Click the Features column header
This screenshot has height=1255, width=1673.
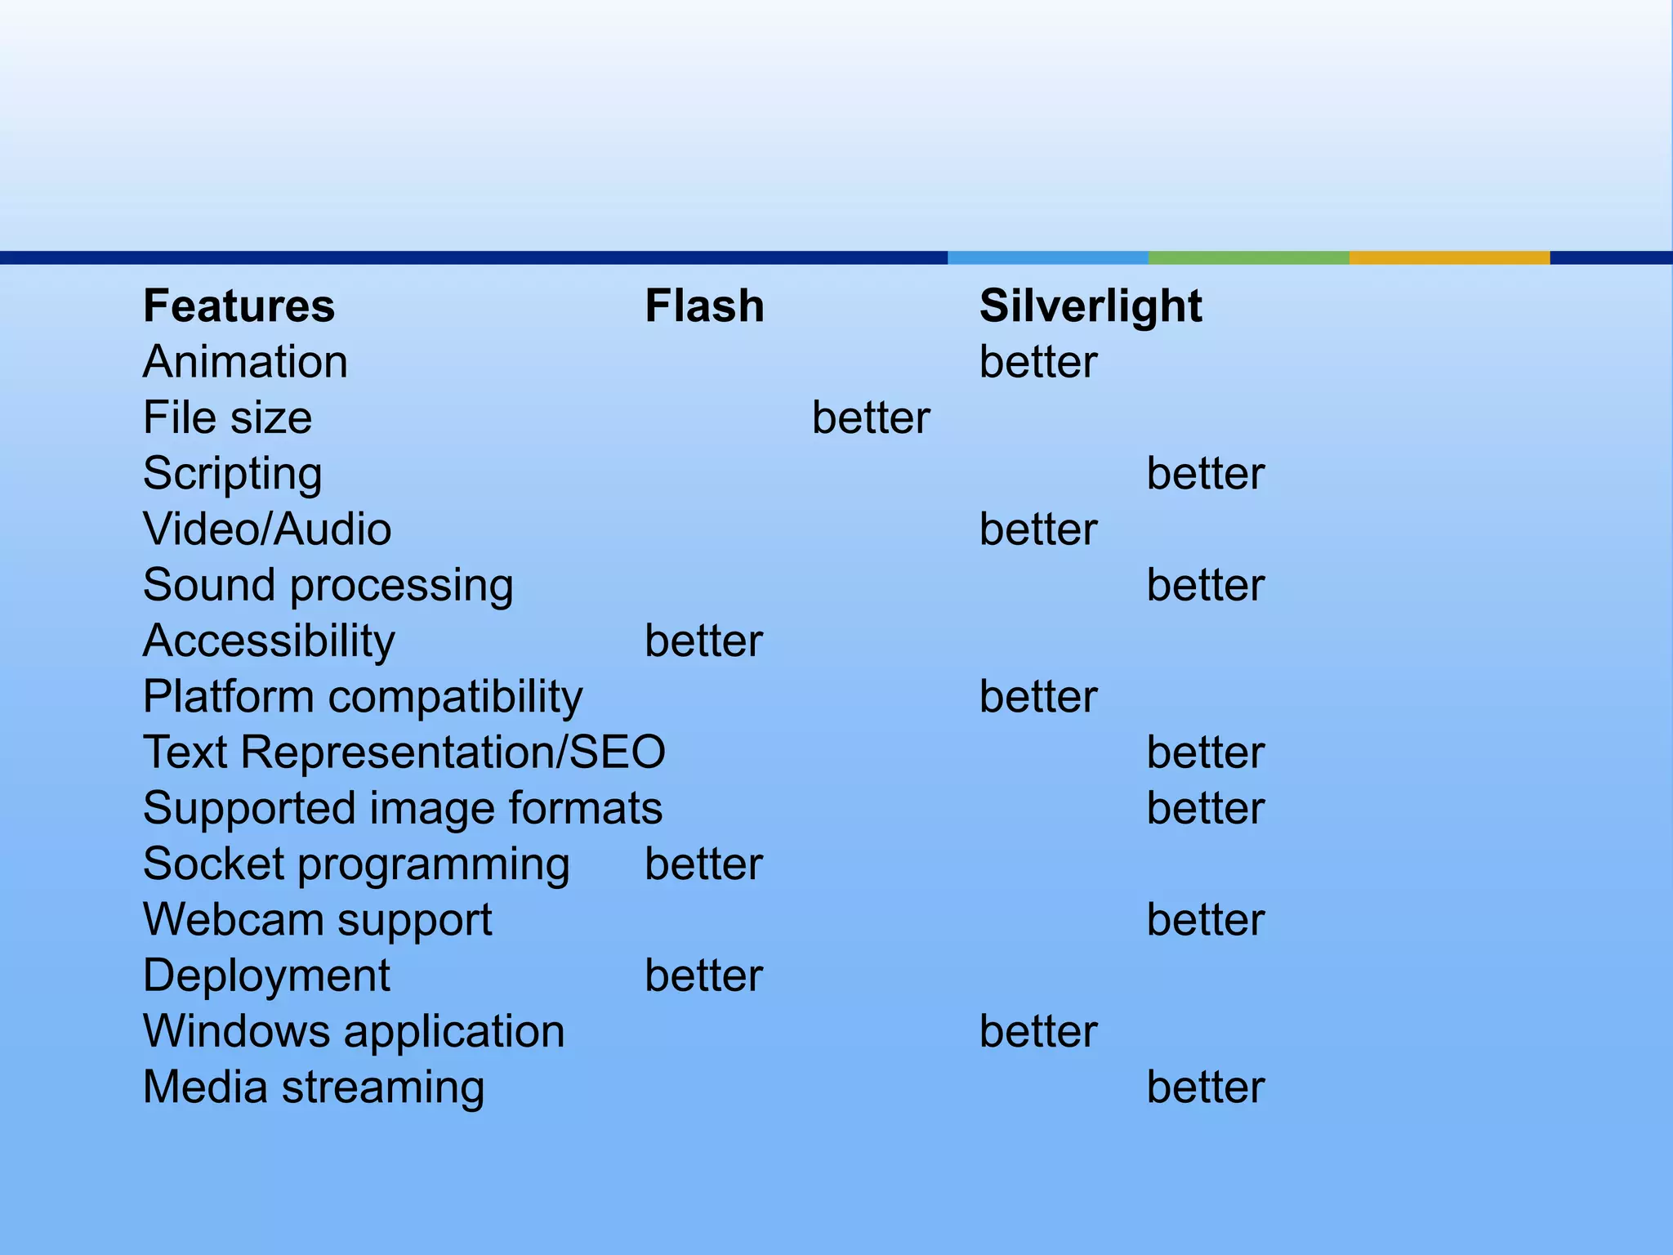pos(239,306)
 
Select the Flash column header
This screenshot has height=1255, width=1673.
pos(704,306)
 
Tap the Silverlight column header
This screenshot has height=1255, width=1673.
pos(1091,306)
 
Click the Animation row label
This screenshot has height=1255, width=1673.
pos(245,362)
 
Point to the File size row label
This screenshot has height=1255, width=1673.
pos(227,418)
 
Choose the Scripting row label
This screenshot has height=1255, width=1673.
pos(233,474)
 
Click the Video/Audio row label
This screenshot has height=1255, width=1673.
pos(267,529)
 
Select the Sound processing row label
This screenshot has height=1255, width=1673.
pos(328,586)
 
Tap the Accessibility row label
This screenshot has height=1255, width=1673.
pos(269,641)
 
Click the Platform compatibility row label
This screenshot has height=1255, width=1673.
pos(363,697)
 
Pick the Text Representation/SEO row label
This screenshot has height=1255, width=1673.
pos(404,753)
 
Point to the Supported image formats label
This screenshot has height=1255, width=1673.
pos(403,809)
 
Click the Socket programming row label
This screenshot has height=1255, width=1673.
pos(356,864)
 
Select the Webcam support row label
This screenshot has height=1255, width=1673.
pos(318,920)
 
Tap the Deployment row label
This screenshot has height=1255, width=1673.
pos(266,976)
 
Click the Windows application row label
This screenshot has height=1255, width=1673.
pos(354,1031)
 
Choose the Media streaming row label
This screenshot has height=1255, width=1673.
pos(314,1088)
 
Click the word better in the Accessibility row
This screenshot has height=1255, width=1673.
pos(703,641)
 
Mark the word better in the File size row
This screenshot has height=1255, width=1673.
pos(871,418)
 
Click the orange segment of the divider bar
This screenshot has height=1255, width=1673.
pos(1449,257)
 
